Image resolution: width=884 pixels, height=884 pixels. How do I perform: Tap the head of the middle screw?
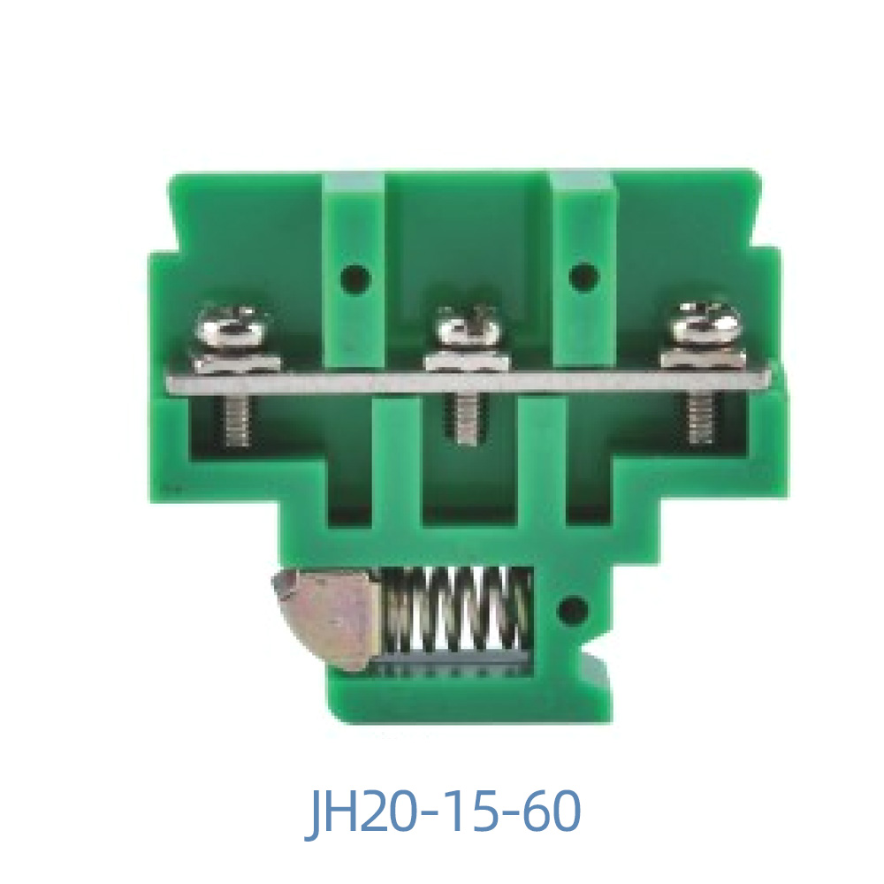[468, 328]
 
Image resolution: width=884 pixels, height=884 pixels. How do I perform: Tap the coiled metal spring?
[455, 610]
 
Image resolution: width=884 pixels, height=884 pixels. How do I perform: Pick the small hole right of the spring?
[573, 608]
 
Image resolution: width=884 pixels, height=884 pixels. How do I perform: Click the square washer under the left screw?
[234, 362]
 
